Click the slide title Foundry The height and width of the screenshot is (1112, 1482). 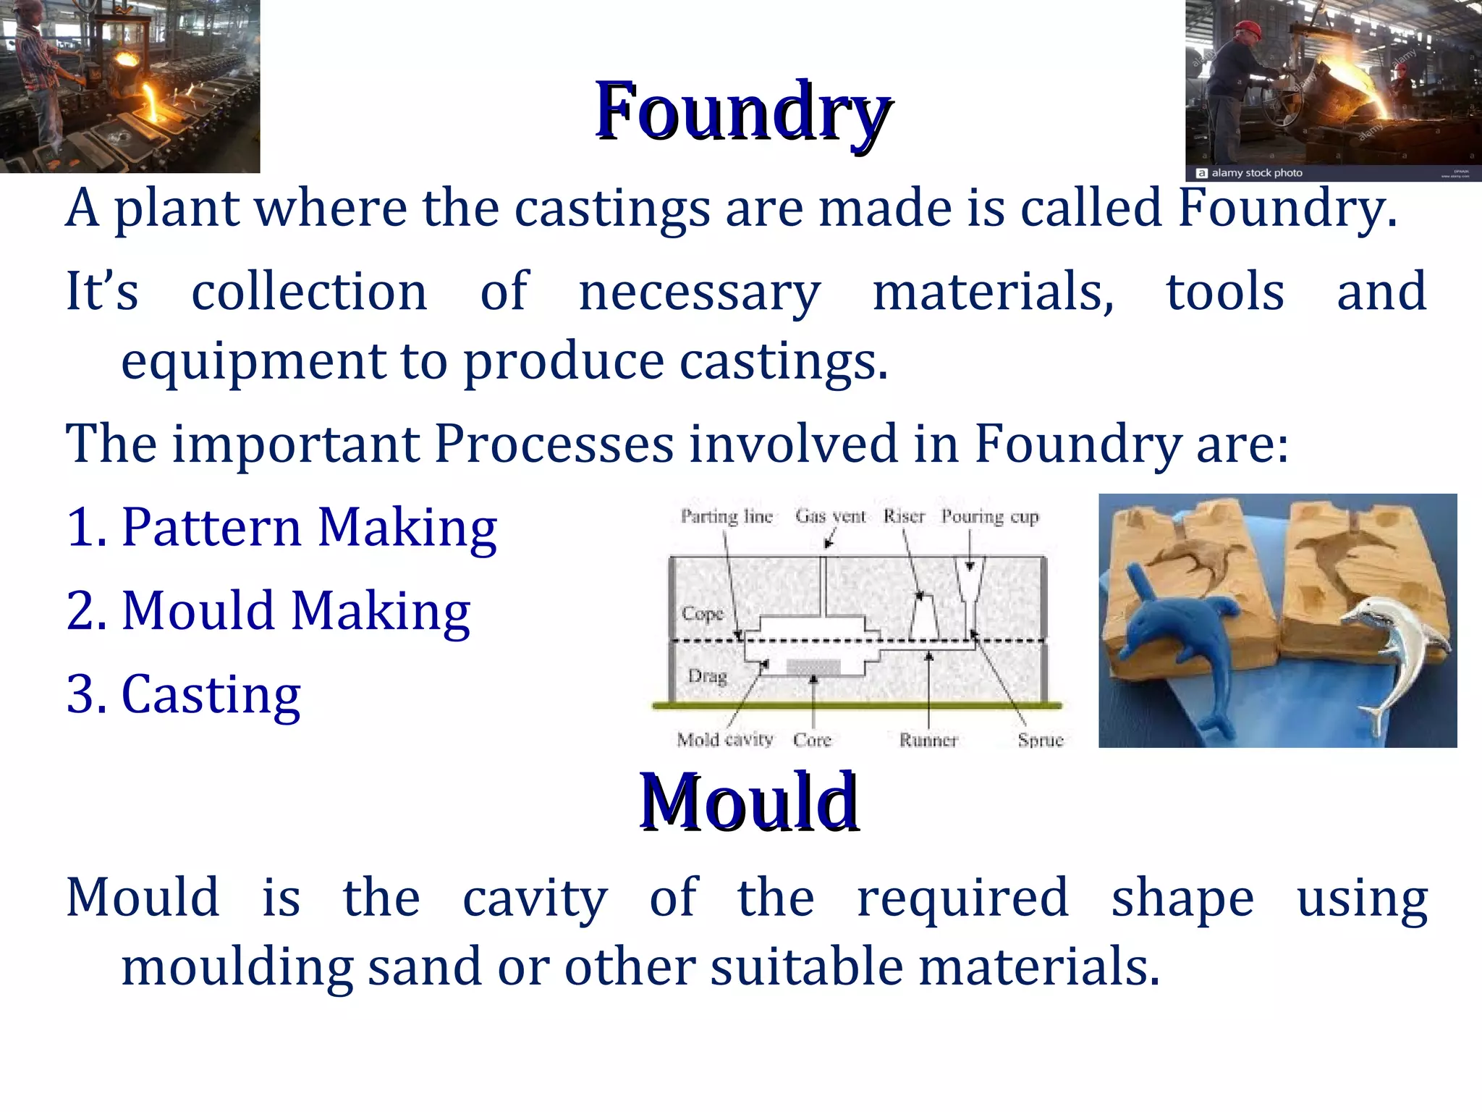pyautogui.click(x=742, y=111)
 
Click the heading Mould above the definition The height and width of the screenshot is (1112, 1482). pyautogui.click(x=749, y=802)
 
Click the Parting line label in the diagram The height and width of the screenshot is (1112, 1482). pyautogui.click(x=727, y=516)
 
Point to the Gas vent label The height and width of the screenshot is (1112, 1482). pyautogui.click(x=830, y=516)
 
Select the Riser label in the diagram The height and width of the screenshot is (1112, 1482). pyautogui.click(x=904, y=516)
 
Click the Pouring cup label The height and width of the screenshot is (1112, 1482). pyautogui.click(x=989, y=517)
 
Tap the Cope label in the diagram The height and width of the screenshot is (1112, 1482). pyautogui.click(x=703, y=614)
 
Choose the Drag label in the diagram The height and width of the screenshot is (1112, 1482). pyautogui.click(x=707, y=676)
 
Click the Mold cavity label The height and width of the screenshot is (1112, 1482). pyautogui.click(x=725, y=739)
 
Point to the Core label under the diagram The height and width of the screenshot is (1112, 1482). pyautogui.click(x=812, y=740)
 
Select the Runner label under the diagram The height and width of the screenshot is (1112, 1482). pyautogui.click(x=928, y=740)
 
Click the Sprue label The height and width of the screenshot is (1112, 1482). pyautogui.click(x=1040, y=740)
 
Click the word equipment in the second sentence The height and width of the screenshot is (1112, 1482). pyautogui.click(x=253, y=361)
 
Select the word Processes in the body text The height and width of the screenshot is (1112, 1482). pyautogui.click(x=554, y=443)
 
